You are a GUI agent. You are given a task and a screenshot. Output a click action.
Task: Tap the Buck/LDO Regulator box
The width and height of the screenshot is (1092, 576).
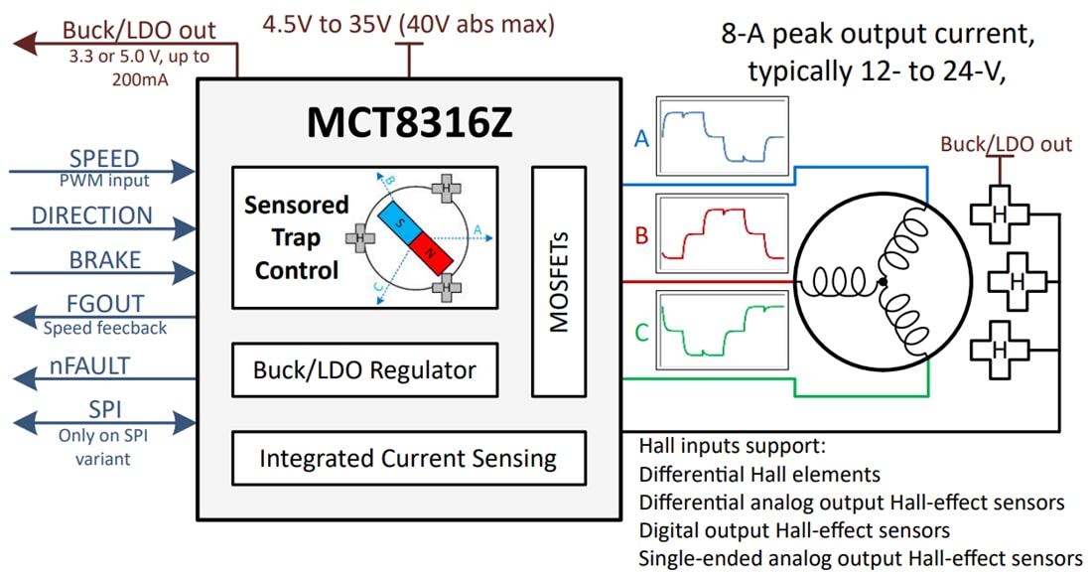coord(364,370)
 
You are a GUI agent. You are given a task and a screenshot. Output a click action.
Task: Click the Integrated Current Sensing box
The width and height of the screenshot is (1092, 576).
coord(408,459)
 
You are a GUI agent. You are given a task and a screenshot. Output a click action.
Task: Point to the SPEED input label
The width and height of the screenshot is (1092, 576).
coord(104,159)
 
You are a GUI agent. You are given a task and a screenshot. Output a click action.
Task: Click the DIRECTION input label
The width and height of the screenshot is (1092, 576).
coord(92,216)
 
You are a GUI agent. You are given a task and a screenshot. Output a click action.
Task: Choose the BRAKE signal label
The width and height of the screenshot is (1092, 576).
coord(105,260)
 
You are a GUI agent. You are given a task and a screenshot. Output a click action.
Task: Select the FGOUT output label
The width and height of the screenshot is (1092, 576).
coord(105,304)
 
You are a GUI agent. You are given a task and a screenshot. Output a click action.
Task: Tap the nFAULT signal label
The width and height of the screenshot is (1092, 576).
coord(90,366)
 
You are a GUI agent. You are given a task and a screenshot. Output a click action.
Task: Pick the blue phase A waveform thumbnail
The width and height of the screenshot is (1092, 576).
coord(722,137)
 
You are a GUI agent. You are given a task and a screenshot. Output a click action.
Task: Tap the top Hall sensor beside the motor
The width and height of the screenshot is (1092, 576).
coord(1001,216)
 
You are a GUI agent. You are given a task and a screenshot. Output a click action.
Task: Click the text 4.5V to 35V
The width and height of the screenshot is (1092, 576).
coord(328,24)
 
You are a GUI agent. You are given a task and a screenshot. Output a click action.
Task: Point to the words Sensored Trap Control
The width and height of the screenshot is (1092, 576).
coord(297,237)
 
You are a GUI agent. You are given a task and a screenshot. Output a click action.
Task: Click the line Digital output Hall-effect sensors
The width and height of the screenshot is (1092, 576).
coord(794,530)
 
